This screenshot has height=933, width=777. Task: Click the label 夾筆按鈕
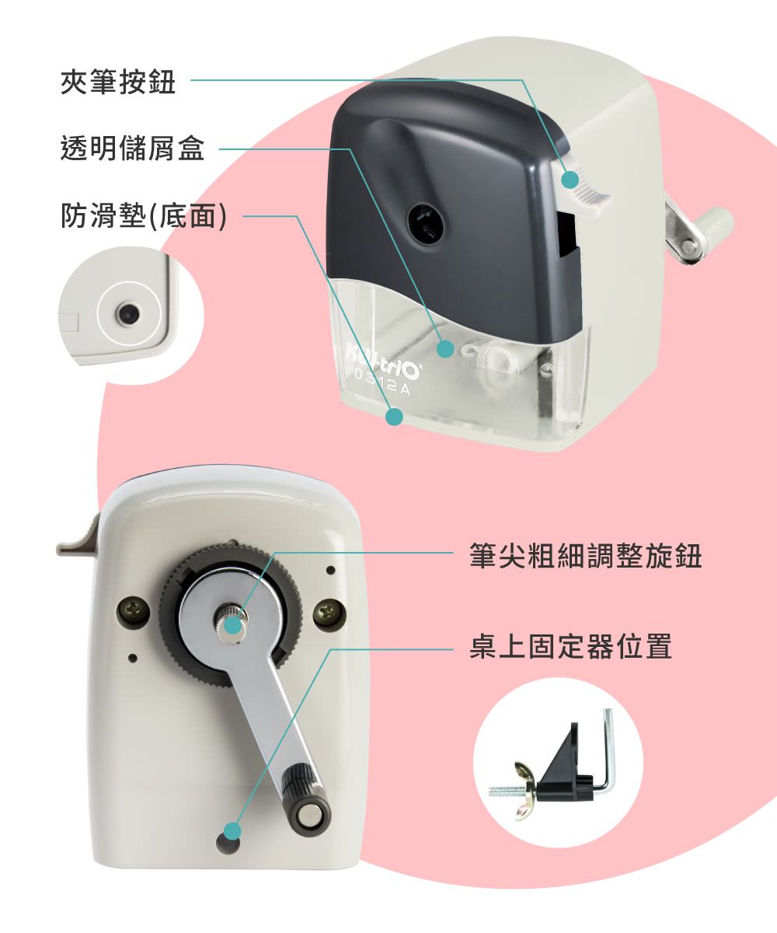118,82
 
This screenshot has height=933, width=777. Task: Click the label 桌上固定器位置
570,647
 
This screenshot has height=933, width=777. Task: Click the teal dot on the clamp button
570,180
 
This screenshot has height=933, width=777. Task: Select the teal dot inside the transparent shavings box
445,349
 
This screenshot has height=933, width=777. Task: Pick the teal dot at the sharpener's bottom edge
395,418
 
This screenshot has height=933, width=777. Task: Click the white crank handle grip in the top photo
718,223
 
